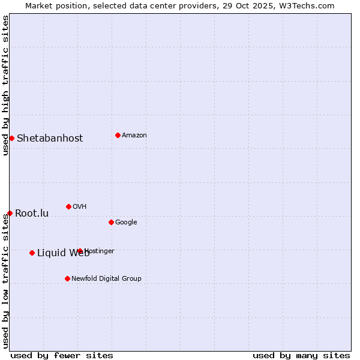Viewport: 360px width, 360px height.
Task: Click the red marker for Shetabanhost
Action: point(11,138)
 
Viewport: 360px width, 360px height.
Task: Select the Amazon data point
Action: point(118,135)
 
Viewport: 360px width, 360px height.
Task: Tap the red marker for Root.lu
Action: point(10,213)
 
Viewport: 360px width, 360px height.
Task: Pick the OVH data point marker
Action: point(68,206)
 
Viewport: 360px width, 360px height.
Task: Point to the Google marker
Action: point(111,222)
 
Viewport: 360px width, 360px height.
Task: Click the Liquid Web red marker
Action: point(32,253)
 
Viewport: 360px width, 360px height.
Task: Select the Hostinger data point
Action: point(80,251)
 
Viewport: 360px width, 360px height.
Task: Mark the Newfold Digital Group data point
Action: point(67,278)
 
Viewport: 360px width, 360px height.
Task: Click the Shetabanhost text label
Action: point(50,138)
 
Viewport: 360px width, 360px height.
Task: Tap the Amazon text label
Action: point(134,135)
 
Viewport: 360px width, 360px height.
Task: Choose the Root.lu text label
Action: point(32,213)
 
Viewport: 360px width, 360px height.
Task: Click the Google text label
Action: point(126,222)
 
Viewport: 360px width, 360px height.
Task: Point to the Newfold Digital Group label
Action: point(106,278)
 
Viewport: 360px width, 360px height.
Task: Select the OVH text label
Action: point(80,206)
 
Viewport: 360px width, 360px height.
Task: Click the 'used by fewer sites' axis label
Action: point(62,355)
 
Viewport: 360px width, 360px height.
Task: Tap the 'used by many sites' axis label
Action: point(301,355)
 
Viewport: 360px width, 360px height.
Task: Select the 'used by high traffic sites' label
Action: point(5,85)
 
